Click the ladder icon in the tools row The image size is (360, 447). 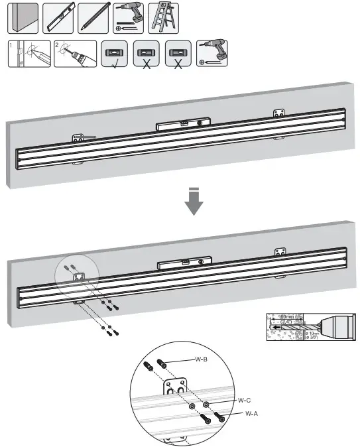pos(162,18)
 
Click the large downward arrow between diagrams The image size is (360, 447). pos(193,203)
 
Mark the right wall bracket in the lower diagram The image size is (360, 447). pos(280,252)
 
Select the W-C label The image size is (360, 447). pos(244,400)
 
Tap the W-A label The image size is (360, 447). pos(251,413)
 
